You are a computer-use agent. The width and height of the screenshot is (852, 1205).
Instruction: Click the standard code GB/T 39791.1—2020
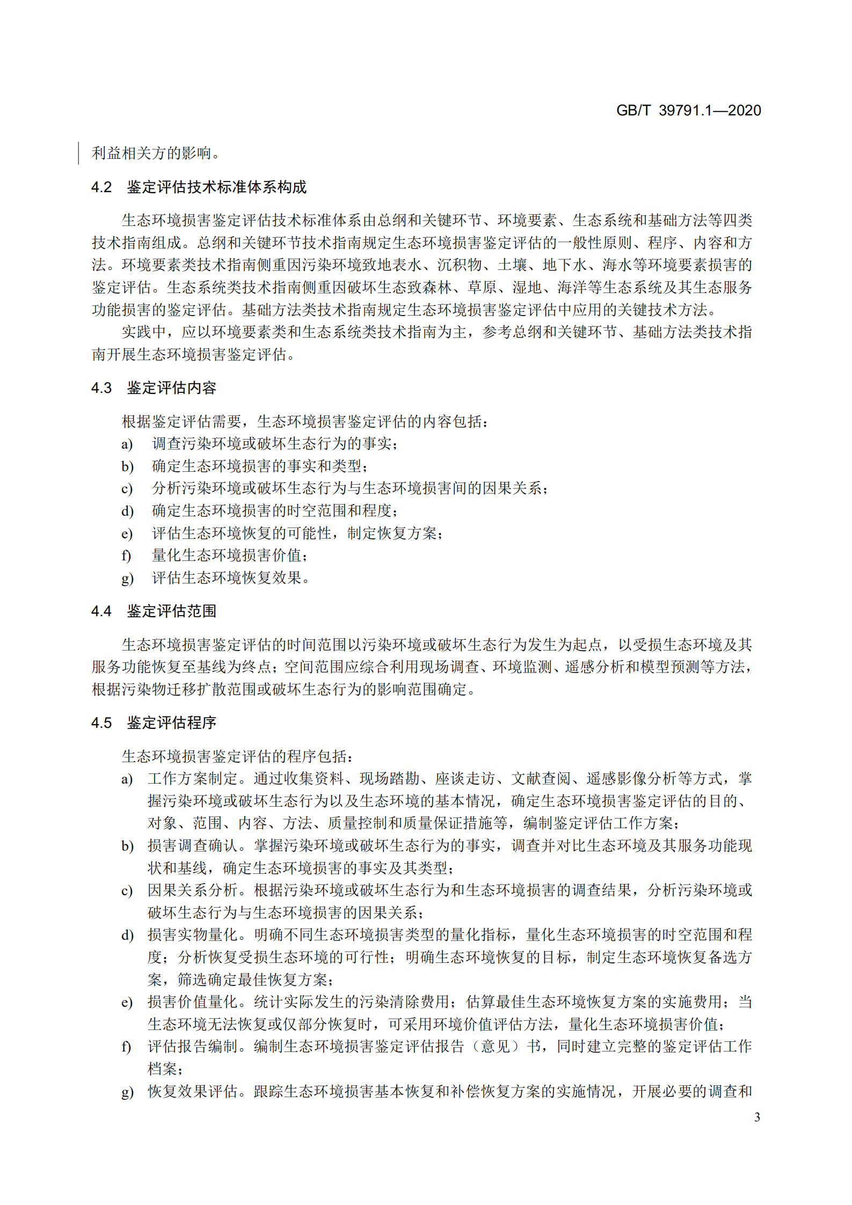click(688, 111)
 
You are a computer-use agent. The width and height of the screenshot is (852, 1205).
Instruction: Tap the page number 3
click(757, 1117)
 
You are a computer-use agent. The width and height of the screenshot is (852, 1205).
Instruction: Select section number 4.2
click(101, 187)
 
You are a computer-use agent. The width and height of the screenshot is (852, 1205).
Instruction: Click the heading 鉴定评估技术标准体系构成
click(216, 187)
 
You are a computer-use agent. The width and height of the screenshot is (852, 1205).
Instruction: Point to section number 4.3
click(101, 388)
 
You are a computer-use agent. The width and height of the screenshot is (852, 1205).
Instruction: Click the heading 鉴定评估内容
click(171, 388)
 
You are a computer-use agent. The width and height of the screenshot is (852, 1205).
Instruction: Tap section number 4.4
click(101, 611)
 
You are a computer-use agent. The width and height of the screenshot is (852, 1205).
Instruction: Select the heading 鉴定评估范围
click(171, 611)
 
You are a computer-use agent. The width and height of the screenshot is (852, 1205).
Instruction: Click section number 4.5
click(101, 723)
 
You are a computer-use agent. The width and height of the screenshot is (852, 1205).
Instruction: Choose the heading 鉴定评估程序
click(171, 723)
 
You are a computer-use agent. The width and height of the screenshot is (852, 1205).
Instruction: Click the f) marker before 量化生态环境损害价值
click(126, 556)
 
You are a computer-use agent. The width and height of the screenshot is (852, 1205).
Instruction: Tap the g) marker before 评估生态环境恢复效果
click(127, 578)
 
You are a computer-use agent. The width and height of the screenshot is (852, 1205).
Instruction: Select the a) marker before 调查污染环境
click(127, 444)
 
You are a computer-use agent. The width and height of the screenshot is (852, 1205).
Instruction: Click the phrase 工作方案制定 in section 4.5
click(193, 779)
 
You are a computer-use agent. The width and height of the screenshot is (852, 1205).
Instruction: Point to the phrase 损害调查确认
click(193, 846)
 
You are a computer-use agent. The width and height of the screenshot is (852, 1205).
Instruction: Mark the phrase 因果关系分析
click(193, 890)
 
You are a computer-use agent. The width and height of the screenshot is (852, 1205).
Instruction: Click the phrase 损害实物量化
click(193, 935)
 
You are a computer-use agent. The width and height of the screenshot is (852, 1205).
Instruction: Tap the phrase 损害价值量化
click(193, 1002)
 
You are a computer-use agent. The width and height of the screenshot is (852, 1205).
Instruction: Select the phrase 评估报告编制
click(193, 1047)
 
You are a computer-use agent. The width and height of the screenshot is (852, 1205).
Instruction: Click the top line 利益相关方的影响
click(155, 154)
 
